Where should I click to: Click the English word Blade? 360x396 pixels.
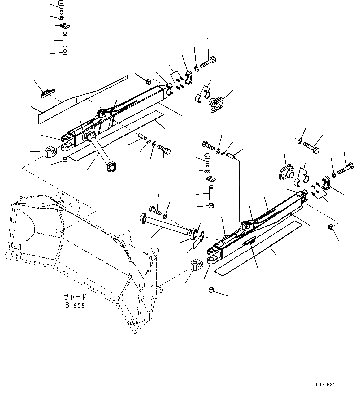click(75, 305)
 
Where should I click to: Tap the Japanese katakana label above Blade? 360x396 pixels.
click(75, 297)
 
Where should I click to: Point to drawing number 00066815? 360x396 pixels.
click(327, 385)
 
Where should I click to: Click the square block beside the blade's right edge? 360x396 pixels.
click(196, 265)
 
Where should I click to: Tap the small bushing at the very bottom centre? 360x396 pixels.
click(211, 290)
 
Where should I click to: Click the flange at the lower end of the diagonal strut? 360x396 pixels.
click(111, 168)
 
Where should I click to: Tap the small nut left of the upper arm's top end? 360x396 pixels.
click(148, 81)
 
